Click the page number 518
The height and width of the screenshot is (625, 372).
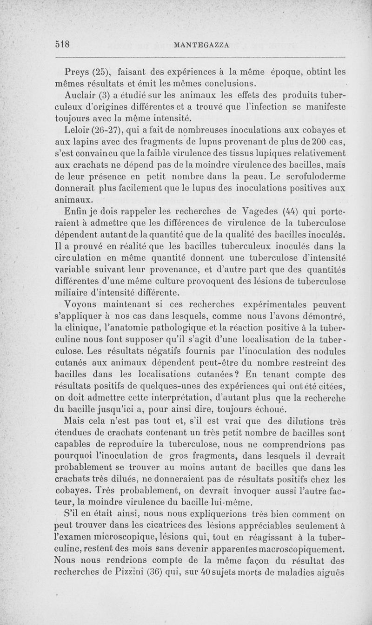point(62,44)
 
